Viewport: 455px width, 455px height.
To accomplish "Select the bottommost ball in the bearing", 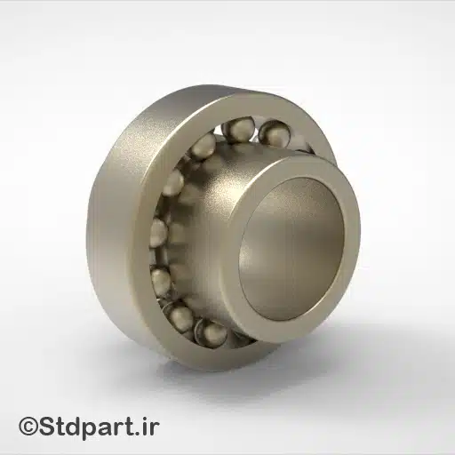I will coord(212,332).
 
